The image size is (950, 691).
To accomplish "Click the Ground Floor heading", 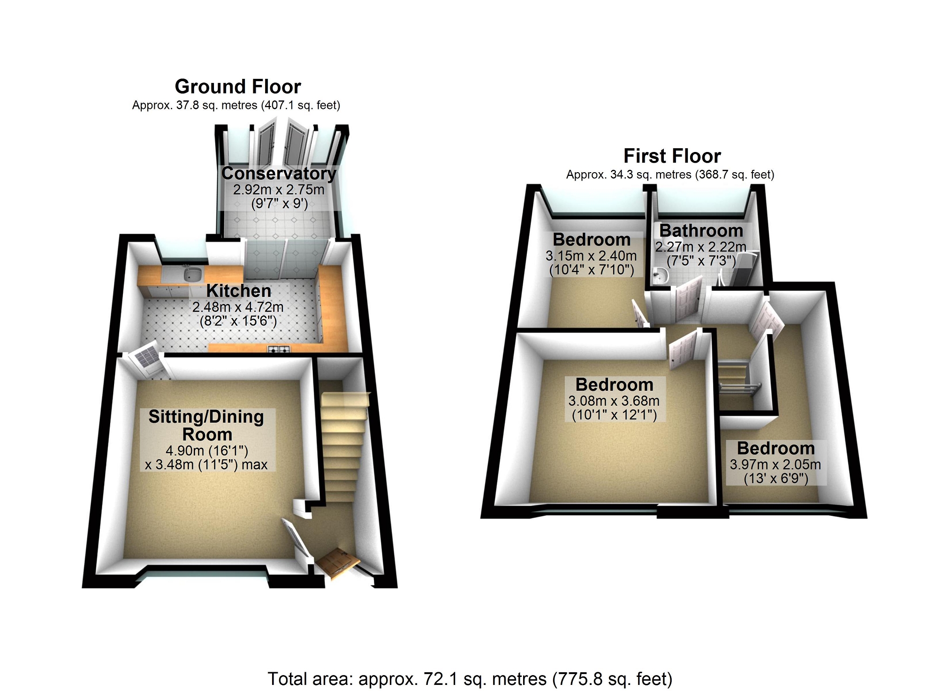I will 238,87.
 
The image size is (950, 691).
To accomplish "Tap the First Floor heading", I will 672,156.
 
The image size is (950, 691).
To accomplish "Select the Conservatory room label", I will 279,174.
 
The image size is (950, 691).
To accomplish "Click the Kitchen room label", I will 239,291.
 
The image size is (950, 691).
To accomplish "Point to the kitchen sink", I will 192,273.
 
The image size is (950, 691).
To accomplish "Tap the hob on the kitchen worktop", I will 279,349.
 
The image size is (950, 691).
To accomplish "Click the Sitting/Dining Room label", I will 206,425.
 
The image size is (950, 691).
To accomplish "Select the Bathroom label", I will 701,231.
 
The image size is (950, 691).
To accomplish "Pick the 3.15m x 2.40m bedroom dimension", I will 591,256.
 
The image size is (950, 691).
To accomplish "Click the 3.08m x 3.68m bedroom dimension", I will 614,401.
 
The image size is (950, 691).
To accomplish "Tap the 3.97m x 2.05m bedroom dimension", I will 775,465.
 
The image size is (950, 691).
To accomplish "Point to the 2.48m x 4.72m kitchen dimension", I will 238,307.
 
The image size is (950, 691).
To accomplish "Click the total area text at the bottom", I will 470,679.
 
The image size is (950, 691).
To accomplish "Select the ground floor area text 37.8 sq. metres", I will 236,105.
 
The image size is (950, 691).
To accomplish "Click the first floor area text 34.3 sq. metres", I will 670,175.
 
